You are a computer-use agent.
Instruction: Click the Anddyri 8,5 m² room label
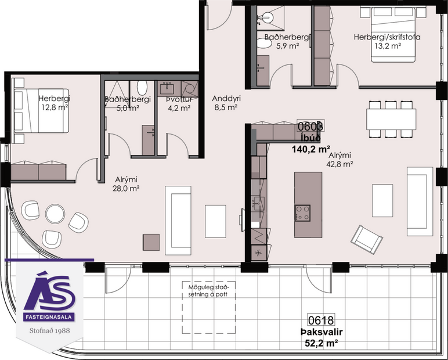coord(226,103)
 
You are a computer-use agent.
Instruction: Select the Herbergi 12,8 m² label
coord(53,102)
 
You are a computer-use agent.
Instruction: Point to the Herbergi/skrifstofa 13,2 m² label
coord(387,42)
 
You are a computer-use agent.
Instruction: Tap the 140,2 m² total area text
coord(311,149)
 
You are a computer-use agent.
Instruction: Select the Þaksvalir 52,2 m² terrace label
coord(319,337)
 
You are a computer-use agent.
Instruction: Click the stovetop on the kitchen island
coord(302,213)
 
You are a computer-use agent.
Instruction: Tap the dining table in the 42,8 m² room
coord(391,120)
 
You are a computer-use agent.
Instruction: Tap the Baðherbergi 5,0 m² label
coord(128,103)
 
